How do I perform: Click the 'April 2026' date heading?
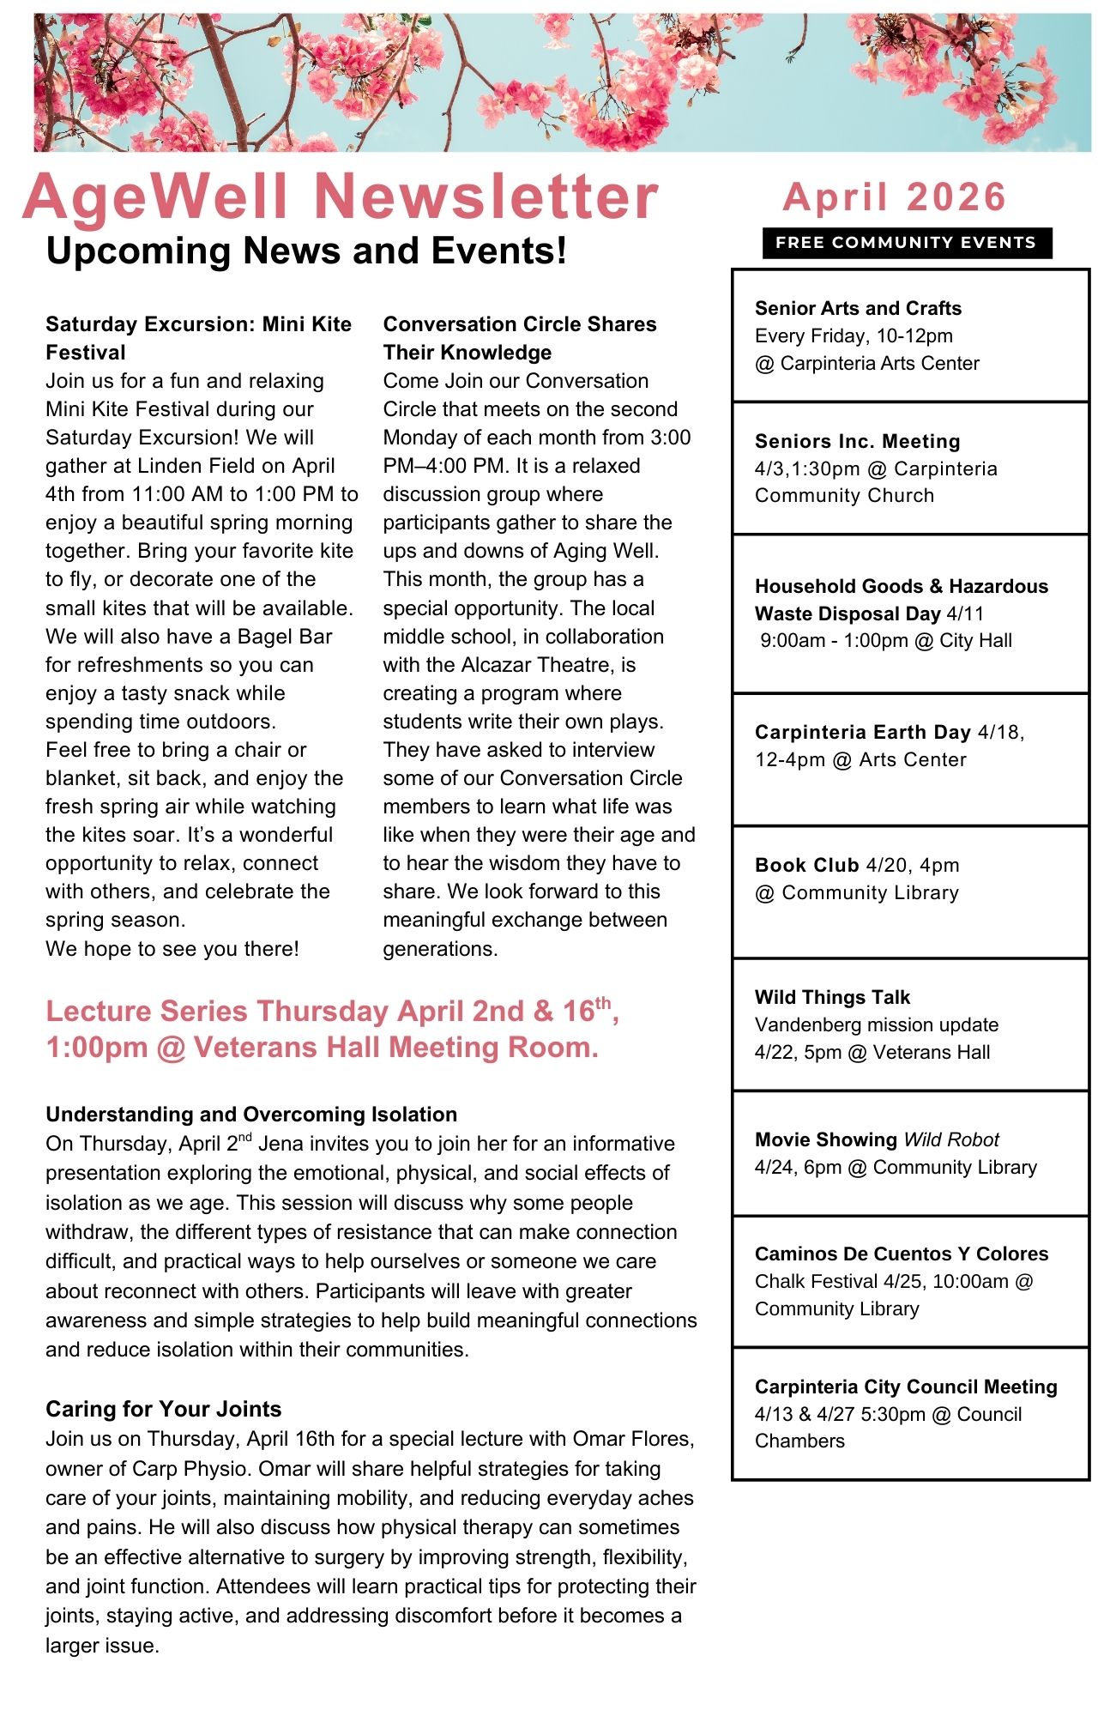click(894, 197)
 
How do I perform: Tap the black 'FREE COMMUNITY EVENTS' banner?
click(906, 243)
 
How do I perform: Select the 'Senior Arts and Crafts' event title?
click(858, 308)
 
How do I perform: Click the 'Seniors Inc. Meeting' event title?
click(858, 441)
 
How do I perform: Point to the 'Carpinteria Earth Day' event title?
click(862, 732)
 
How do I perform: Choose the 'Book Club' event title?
click(806, 865)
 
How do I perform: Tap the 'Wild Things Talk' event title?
click(832, 997)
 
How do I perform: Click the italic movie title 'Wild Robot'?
click(951, 1139)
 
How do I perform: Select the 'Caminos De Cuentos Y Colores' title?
click(902, 1254)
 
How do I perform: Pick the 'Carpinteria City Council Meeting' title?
click(906, 1387)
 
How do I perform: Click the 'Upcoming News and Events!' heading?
click(306, 251)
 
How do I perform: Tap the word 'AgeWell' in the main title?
click(155, 197)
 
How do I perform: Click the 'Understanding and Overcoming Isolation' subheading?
click(251, 1115)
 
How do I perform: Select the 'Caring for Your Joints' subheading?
click(163, 1409)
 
